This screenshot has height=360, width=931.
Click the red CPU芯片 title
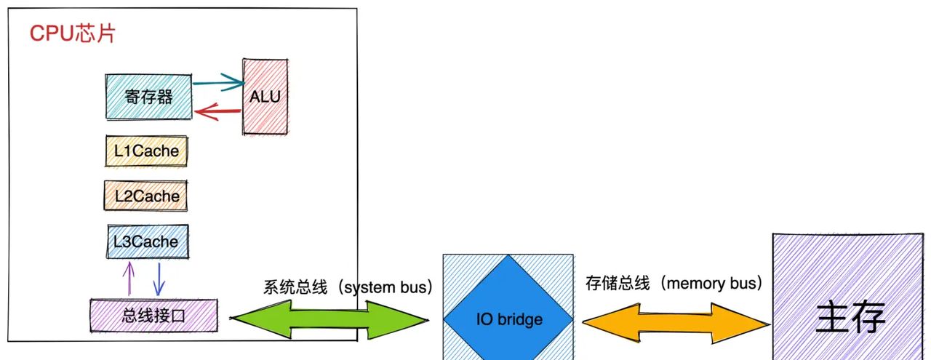[x=72, y=34]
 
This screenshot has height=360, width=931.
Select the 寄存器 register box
[x=148, y=97]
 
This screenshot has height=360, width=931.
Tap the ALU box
[x=265, y=97]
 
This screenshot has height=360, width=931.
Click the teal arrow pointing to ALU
[x=218, y=84]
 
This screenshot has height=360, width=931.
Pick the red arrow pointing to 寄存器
[x=218, y=111]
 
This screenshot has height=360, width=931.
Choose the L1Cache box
[x=145, y=151]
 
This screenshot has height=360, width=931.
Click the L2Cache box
[x=145, y=196]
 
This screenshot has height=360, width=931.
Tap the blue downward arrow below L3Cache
[x=159, y=278]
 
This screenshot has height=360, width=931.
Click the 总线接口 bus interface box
[x=153, y=316]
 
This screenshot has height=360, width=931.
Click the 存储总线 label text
[x=618, y=284]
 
